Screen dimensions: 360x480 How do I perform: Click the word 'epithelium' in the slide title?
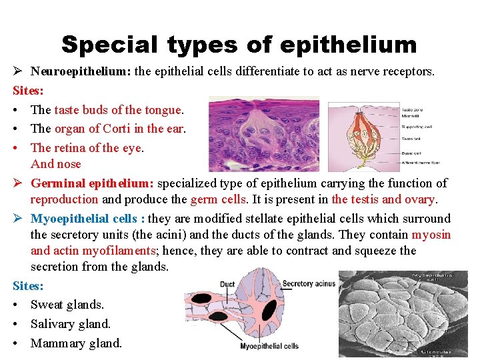click(x=349, y=45)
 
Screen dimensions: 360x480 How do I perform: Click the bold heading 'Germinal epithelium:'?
click(x=92, y=183)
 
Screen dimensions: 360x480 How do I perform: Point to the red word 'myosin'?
click(x=431, y=235)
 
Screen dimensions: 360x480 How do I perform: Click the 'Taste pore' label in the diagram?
click(x=411, y=109)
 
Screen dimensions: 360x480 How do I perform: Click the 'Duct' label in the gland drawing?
click(x=227, y=284)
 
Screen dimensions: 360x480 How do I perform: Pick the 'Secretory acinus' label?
click(x=307, y=284)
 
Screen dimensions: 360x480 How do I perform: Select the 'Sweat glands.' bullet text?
click(x=67, y=305)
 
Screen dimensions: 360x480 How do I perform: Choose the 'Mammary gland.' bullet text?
click(x=77, y=343)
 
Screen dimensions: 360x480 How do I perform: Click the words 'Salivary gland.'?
click(x=71, y=324)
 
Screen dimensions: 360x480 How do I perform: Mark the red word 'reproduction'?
click(x=65, y=199)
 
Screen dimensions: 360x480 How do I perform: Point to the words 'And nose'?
click(x=55, y=164)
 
